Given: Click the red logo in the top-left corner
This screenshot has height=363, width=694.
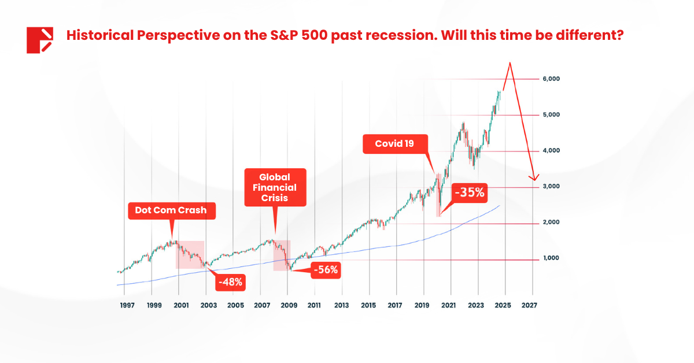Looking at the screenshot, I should point(40,40).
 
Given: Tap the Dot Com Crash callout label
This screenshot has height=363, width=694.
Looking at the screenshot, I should point(171,210).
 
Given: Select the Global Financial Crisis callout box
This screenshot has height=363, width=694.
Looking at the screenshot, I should point(275,187).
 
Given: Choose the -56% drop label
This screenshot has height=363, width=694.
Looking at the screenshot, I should point(326,269).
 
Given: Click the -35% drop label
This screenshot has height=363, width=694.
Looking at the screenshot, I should point(469,192).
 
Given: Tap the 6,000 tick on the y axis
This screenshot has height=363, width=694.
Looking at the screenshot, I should point(551,79).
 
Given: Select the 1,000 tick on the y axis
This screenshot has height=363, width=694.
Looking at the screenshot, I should point(551,258).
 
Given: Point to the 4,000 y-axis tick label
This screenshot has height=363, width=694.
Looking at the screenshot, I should point(551,150).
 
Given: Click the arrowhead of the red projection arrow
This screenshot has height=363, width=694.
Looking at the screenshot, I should point(534,178).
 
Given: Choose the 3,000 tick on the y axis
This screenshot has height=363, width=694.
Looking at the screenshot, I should point(551,187).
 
